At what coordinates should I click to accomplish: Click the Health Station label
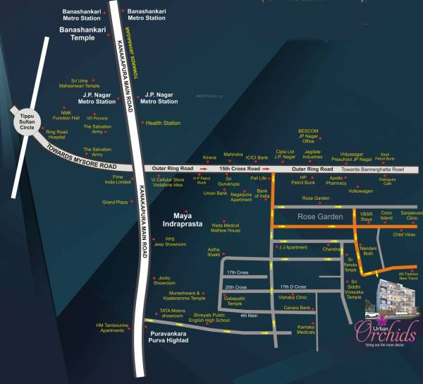click(x=162, y=123)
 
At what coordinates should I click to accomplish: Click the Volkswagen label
click(x=360, y=191)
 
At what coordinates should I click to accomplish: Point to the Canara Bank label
click(x=296, y=308)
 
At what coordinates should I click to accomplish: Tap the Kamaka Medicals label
click(x=305, y=330)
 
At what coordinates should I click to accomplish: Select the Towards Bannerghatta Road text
click(x=368, y=170)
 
